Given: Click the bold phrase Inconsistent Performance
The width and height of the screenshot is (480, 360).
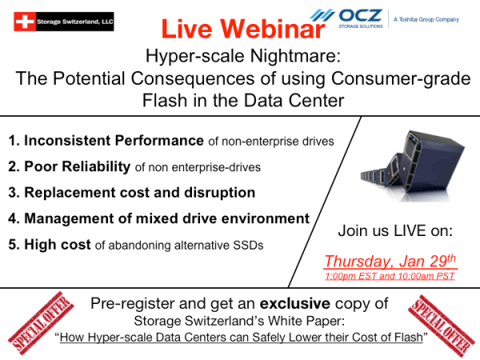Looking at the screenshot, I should point(114,141).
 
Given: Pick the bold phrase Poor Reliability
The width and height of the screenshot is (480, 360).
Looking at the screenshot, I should point(77,166).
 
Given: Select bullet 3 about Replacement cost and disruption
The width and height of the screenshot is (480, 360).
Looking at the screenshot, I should point(132,193).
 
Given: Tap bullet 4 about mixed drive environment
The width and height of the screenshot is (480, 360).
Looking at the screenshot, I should point(158,218).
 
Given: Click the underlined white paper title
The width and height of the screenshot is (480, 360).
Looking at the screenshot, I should point(241,339).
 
